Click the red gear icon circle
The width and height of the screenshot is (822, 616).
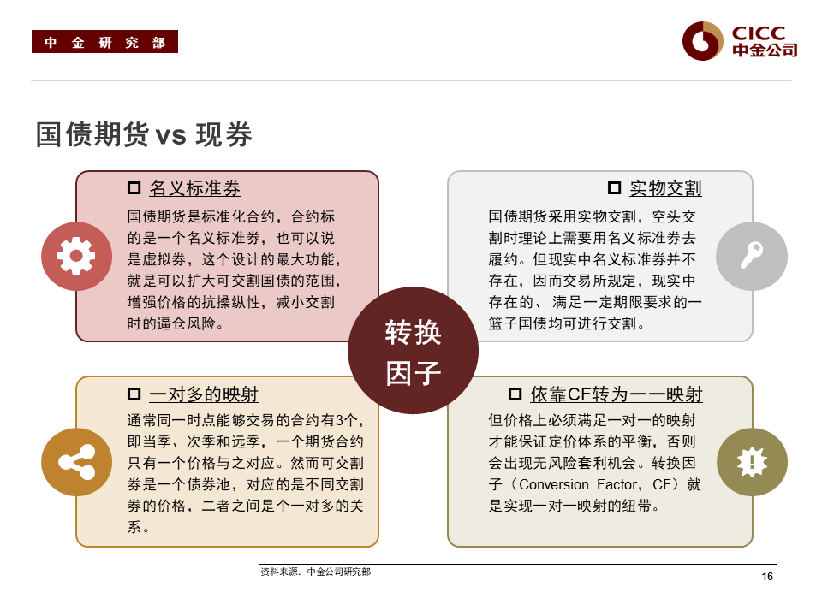[x=76, y=257]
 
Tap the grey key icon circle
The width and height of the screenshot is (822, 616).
[x=752, y=257]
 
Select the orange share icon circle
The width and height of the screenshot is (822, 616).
[x=76, y=462]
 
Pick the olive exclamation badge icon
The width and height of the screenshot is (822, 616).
[x=752, y=462]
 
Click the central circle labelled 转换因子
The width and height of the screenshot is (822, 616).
[x=413, y=351]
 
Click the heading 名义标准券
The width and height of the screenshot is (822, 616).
[x=194, y=189]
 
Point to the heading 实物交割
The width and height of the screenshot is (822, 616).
[x=665, y=189]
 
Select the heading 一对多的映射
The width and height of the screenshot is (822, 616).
[x=203, y=394]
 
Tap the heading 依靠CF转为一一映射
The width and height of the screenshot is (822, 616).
[x=616, y=394]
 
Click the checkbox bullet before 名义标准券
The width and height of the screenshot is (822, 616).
[x=134, y=188]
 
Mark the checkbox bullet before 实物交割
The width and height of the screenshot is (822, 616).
[x=614, y=188]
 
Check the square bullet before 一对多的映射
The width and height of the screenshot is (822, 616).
[x=134, y=394]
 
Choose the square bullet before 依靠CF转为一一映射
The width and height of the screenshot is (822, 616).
[x=515, y=394]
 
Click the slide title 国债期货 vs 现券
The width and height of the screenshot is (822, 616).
[x=144, y=135]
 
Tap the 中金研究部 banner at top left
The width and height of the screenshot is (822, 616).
[x=104, y=42]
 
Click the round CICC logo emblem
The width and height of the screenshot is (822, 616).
[x=702, y=41]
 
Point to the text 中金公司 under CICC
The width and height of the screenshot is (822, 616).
[x=765, y=50]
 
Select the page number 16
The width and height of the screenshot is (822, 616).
[x=767, y=577]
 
